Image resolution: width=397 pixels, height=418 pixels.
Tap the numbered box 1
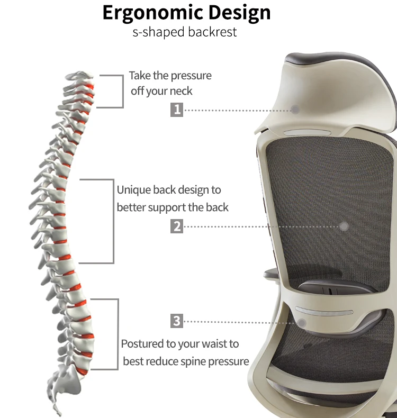point(177,110)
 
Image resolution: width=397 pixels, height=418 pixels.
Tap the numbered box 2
point(177,226)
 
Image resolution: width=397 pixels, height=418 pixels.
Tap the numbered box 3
point(177,321)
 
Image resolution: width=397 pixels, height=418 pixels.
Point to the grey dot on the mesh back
point(344,226)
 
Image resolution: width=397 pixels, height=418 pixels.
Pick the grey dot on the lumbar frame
point(302,322)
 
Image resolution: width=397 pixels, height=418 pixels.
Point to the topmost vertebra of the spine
point(79,76)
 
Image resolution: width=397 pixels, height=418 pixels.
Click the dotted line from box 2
point(259,226)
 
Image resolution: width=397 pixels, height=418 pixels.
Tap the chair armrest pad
point(269,274)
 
